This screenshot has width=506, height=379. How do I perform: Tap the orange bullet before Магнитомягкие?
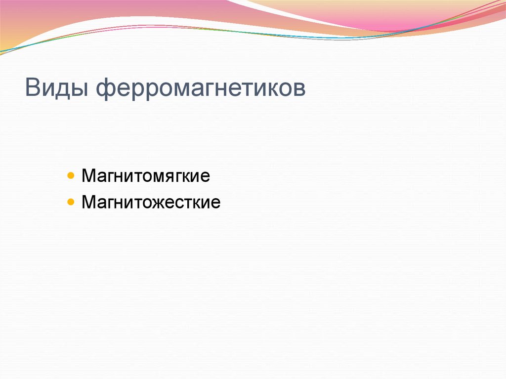pos(72,176)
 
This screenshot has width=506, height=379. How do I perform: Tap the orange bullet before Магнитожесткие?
pos(72,202)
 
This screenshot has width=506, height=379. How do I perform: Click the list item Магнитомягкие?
pos(146,176)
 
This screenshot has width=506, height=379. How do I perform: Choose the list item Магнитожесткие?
pos(151,203)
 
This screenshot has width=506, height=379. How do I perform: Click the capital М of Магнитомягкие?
pos(88,176)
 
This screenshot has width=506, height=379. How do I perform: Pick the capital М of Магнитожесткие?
pos(88,203)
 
